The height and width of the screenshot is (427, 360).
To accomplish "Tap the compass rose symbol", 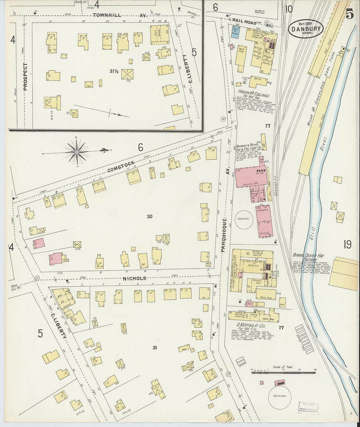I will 77,151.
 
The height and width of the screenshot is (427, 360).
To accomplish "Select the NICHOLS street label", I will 135,278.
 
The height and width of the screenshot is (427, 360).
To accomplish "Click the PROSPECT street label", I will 26,77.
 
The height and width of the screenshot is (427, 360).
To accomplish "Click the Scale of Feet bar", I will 284,372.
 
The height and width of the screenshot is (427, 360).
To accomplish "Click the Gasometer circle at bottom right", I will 279,396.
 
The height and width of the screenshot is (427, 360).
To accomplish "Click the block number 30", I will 150,216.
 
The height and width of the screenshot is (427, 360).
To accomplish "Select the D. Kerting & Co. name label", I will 251,326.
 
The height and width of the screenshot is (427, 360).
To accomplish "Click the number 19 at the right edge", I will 347,244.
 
